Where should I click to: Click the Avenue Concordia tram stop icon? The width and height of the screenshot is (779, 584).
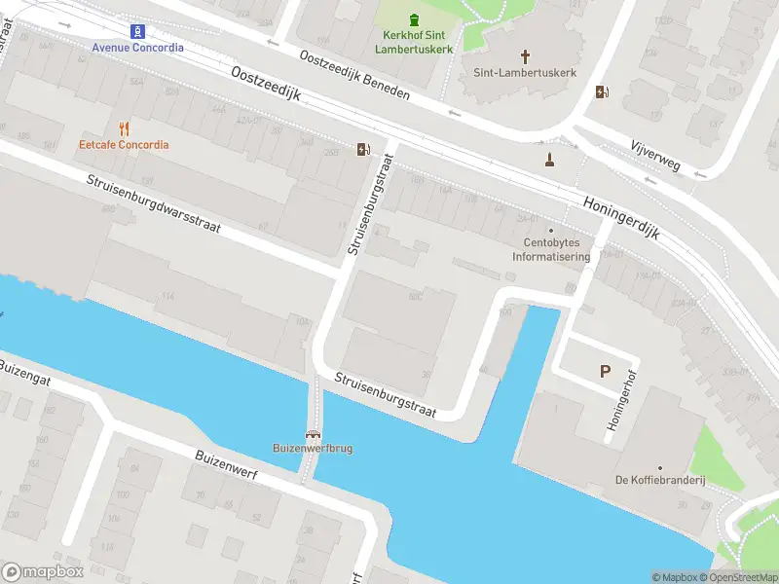[137, 31]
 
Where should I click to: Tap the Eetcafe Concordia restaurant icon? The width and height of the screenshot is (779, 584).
[124, 128]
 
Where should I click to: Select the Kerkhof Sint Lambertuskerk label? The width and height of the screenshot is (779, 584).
[416, 41]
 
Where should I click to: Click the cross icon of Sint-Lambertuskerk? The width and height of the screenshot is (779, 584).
[526, 56]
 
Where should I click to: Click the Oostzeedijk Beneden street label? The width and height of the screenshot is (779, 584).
[354, 75]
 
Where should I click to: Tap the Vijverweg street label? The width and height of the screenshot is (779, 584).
[654, 157]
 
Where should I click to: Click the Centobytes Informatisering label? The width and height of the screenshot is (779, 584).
[551, 251]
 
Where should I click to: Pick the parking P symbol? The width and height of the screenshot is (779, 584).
[605, 371]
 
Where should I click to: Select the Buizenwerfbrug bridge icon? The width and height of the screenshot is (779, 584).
[313, 434]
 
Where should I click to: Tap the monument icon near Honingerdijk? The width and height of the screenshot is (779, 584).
[549, 159]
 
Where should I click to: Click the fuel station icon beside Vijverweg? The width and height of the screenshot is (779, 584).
[603, 92]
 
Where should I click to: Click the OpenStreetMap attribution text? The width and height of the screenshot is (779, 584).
[736, 577]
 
